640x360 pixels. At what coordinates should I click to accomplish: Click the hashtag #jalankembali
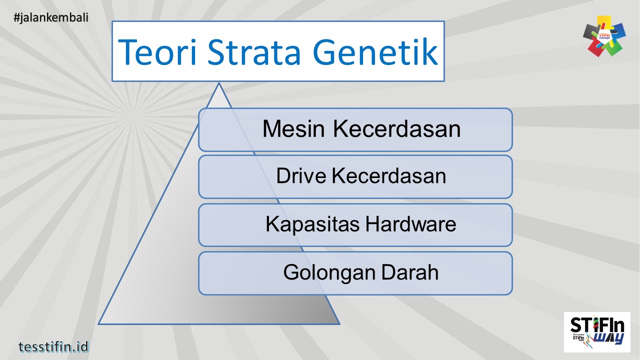51,17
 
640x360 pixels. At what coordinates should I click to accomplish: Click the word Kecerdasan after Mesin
396,129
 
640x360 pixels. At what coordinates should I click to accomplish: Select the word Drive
301,176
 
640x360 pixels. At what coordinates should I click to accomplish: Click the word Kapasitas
312,224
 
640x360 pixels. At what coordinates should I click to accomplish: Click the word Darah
410,272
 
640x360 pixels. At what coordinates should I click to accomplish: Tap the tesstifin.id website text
53,346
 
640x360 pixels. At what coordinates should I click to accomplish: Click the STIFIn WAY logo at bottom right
597,331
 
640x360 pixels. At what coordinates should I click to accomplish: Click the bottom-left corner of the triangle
98,324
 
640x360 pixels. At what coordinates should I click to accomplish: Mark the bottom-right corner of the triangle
340,324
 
